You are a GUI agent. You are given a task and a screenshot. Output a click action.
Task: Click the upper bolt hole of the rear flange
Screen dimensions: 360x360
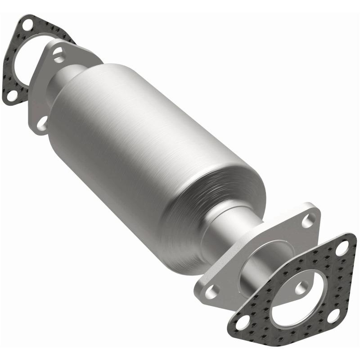[x=58, y=54]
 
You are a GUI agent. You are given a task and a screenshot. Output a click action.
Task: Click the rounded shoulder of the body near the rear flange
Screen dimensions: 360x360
[x=76, y=90]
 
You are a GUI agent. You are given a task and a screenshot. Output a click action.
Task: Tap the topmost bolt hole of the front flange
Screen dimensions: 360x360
[x=309, y=220]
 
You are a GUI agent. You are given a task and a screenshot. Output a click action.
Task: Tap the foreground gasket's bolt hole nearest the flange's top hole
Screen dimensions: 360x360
[x=342, y=246]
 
